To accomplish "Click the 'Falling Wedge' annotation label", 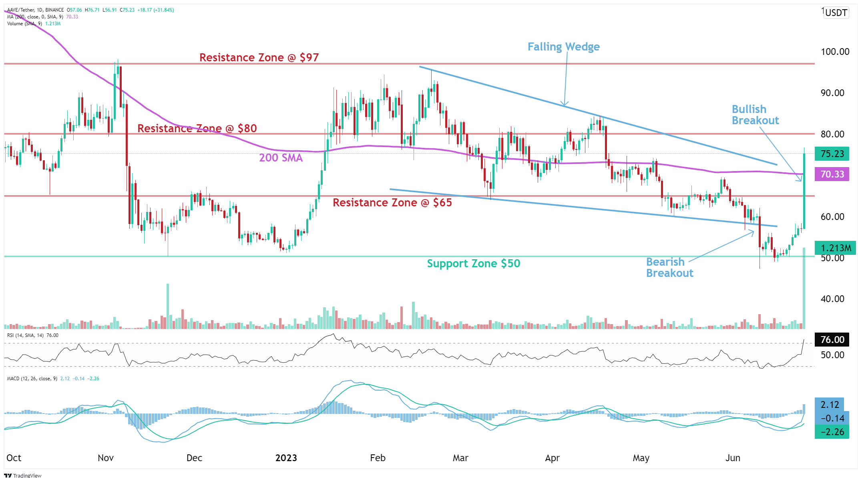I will point(563,47).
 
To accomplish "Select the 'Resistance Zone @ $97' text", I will point(259,58).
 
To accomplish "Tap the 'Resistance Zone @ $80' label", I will point(197,129).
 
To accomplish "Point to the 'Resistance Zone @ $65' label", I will point(392,203).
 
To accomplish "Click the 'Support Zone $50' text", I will point(473,264).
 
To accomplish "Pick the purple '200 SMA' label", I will point(281,158).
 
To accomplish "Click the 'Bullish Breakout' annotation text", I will point(755,115).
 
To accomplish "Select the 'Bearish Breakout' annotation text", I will point(669,268).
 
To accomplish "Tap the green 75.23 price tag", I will point(832,154).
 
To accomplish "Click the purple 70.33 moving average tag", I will point(832,174).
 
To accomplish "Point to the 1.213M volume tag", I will point(835,248).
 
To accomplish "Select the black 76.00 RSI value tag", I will point(832,340).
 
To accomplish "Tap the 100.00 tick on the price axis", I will point(835,52).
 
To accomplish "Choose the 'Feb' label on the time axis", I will point(378,458).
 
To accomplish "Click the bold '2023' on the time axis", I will point(286,458).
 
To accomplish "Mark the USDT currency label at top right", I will point(836,13).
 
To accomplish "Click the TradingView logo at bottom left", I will point(23,475).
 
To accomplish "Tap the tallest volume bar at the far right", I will point(804,288).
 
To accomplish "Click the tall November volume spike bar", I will point(168,307).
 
